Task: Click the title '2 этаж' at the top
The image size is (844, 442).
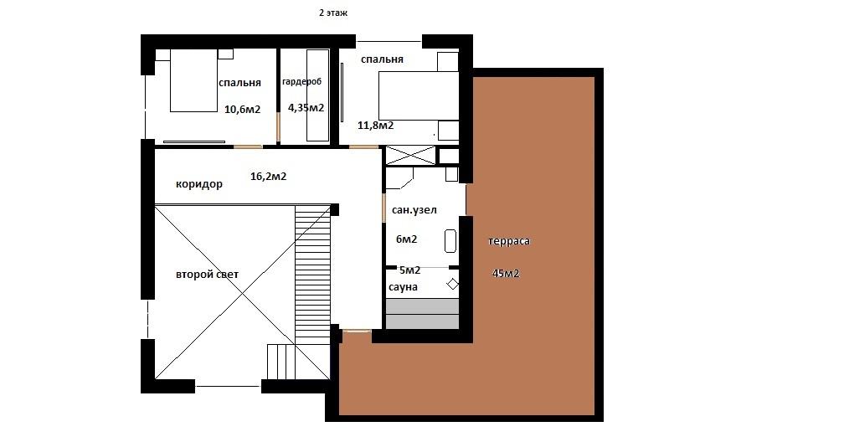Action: click(x=333, y=13)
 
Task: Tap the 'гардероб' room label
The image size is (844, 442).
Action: click(x=302, y=82)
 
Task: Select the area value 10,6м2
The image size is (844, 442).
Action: click(x=242, y=110)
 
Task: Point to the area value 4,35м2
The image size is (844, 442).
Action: click(x=306, y=108)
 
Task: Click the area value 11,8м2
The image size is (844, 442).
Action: click(x=376, y=126)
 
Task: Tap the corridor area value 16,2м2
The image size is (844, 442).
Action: click(x=269, y=176)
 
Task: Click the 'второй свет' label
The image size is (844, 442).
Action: click(x=208, y=275)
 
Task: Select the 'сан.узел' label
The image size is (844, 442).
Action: click(x=414, y=210)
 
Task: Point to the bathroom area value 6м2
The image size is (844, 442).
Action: click(x=406, y=239)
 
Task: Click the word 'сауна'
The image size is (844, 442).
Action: click(x=404, y=287)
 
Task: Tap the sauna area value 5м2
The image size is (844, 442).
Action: click(x=409, y=270)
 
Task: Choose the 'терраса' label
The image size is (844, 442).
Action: click(x=509, y=241)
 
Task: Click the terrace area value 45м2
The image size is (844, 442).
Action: click(x=506, y=274)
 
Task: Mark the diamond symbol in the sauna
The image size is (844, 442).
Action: click(x=453, y=284)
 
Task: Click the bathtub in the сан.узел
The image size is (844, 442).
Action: click(x=450, y=241)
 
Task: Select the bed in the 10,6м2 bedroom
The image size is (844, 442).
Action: click(x=194, y=80)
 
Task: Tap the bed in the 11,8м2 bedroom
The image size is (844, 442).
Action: click(x=419, y=95)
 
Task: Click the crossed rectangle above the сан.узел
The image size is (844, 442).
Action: click(x=410, y=156)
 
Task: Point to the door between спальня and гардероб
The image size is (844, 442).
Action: click(x=278, y=127)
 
